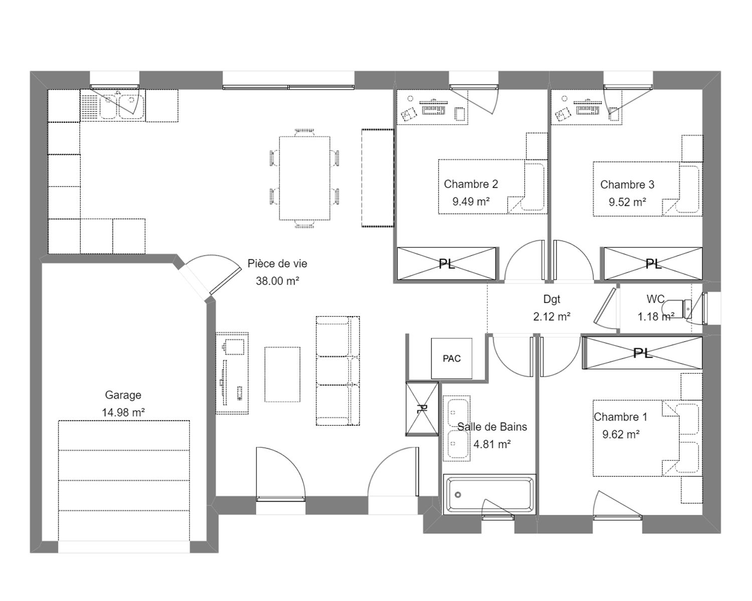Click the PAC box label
click(452, 359)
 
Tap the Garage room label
click(123, 395)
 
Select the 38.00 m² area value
click(277, 281)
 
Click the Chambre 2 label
click(471, 184)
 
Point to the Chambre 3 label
click(627, 184)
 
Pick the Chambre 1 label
click(621, 417)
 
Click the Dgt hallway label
click(552, 299)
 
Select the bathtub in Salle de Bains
click(489, 494)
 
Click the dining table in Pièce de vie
click(304, 178)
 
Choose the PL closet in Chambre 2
click(447, 263)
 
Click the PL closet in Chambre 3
click(653, 263)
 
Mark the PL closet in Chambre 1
click(642, 353)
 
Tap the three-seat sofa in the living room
click(337, 371)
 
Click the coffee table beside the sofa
click(282, 374)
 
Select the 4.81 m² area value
click(492, 444)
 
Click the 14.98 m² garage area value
click(123, 412)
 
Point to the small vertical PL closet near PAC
click(422, 409)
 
